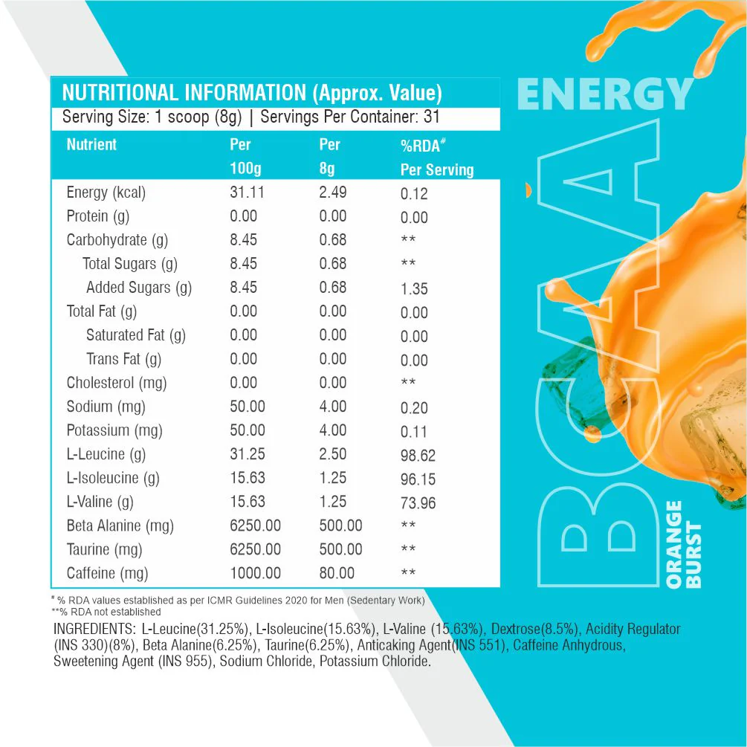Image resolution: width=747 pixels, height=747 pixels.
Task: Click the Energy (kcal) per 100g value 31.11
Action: pyautogui.click(x=247, y=193)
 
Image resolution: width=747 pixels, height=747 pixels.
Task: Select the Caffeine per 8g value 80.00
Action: pyautogui.click(x=337, y=573)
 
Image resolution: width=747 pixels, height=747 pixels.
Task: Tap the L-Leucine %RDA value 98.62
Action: pyautogui.click(x=418, y=456)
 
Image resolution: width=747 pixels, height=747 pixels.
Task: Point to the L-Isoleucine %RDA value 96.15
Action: pyautogui.click(x=418, y=479)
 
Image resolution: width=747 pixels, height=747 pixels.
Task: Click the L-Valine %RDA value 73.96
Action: pyautogui.click(x=418, y=503)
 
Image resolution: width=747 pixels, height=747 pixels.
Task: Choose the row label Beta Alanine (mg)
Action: pyautogui.click(x=120, y=526)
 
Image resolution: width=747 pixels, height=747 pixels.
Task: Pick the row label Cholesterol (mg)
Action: pyautogui.click(x=116, y=383)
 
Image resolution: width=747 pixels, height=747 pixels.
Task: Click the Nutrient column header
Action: pyautogui.click(x=91, y=144)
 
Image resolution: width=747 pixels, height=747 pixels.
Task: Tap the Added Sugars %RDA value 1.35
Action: pyautogui.click(x=414, y=289)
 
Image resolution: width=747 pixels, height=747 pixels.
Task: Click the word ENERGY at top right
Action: pyautogui.click(x=605, y=95)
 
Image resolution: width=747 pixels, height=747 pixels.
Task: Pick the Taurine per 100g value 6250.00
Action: pyautogui.click(x=255, y=549)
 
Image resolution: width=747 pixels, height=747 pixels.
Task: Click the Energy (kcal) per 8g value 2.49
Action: pyautogui.click(x=332, y=193)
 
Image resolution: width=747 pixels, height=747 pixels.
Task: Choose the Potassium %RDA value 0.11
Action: pyautogui.click(x=414, y=432)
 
